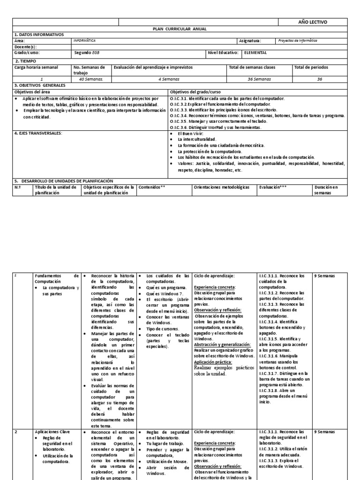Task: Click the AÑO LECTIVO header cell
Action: (313, 22)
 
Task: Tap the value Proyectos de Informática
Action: (298, 41)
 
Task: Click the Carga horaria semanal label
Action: (36, 67)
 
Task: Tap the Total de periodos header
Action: (311, 67)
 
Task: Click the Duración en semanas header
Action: (329, 189)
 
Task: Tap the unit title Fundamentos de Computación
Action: (57, 278)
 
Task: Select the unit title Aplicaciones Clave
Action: (53, 432)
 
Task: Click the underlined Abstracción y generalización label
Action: (222, 345)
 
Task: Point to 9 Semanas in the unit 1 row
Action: (324, 276)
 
